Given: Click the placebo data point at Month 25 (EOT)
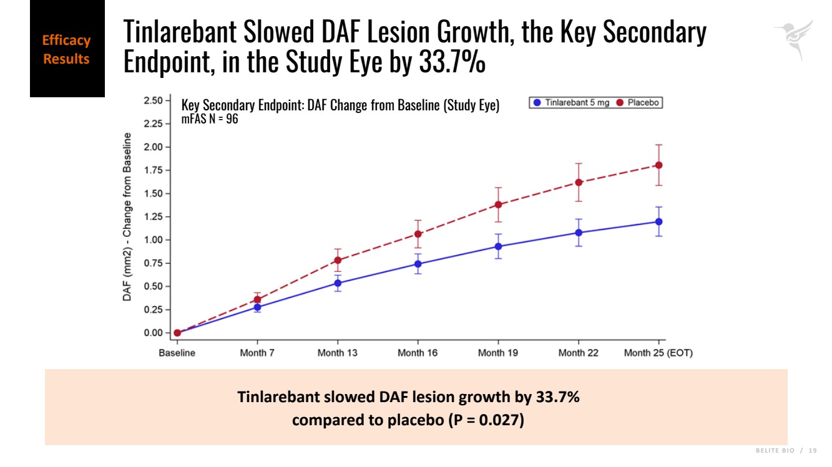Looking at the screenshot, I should click(658, 165).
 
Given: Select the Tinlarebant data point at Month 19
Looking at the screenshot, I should click(498, 246).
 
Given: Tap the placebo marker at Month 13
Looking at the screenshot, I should click(338, 261).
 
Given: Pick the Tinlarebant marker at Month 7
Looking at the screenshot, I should click(257, 307).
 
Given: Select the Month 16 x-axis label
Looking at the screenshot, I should click(418, 353).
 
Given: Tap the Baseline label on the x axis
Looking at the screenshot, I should click(177, 353).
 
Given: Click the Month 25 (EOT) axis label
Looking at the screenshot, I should click(658, 353).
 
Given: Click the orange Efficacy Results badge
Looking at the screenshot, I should click(67, 50).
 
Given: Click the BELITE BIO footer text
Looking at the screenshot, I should click(774, 451).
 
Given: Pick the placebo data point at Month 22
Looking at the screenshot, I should click(578, 182).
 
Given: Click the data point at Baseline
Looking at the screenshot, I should click(177, 333).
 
